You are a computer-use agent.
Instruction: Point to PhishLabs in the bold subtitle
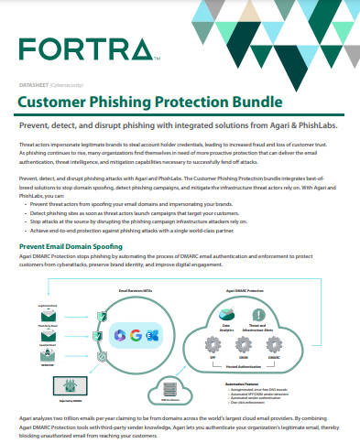(317, 124)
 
